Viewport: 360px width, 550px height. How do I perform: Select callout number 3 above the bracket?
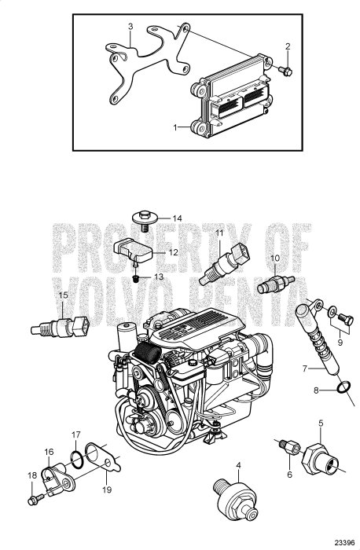[130, 27]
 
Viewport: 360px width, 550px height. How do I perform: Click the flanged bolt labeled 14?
[146, 220]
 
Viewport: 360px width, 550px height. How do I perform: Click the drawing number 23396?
[340, 541]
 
